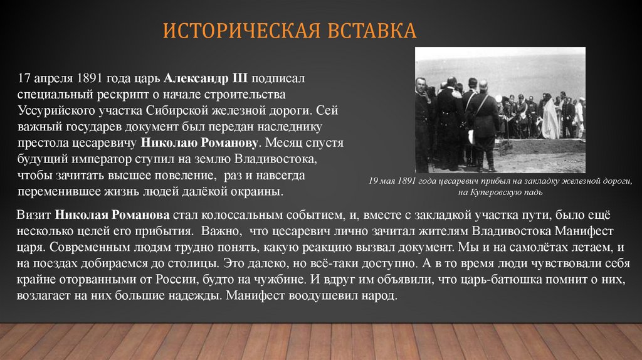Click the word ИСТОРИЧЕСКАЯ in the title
(241, 31)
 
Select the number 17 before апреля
(24, 80)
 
